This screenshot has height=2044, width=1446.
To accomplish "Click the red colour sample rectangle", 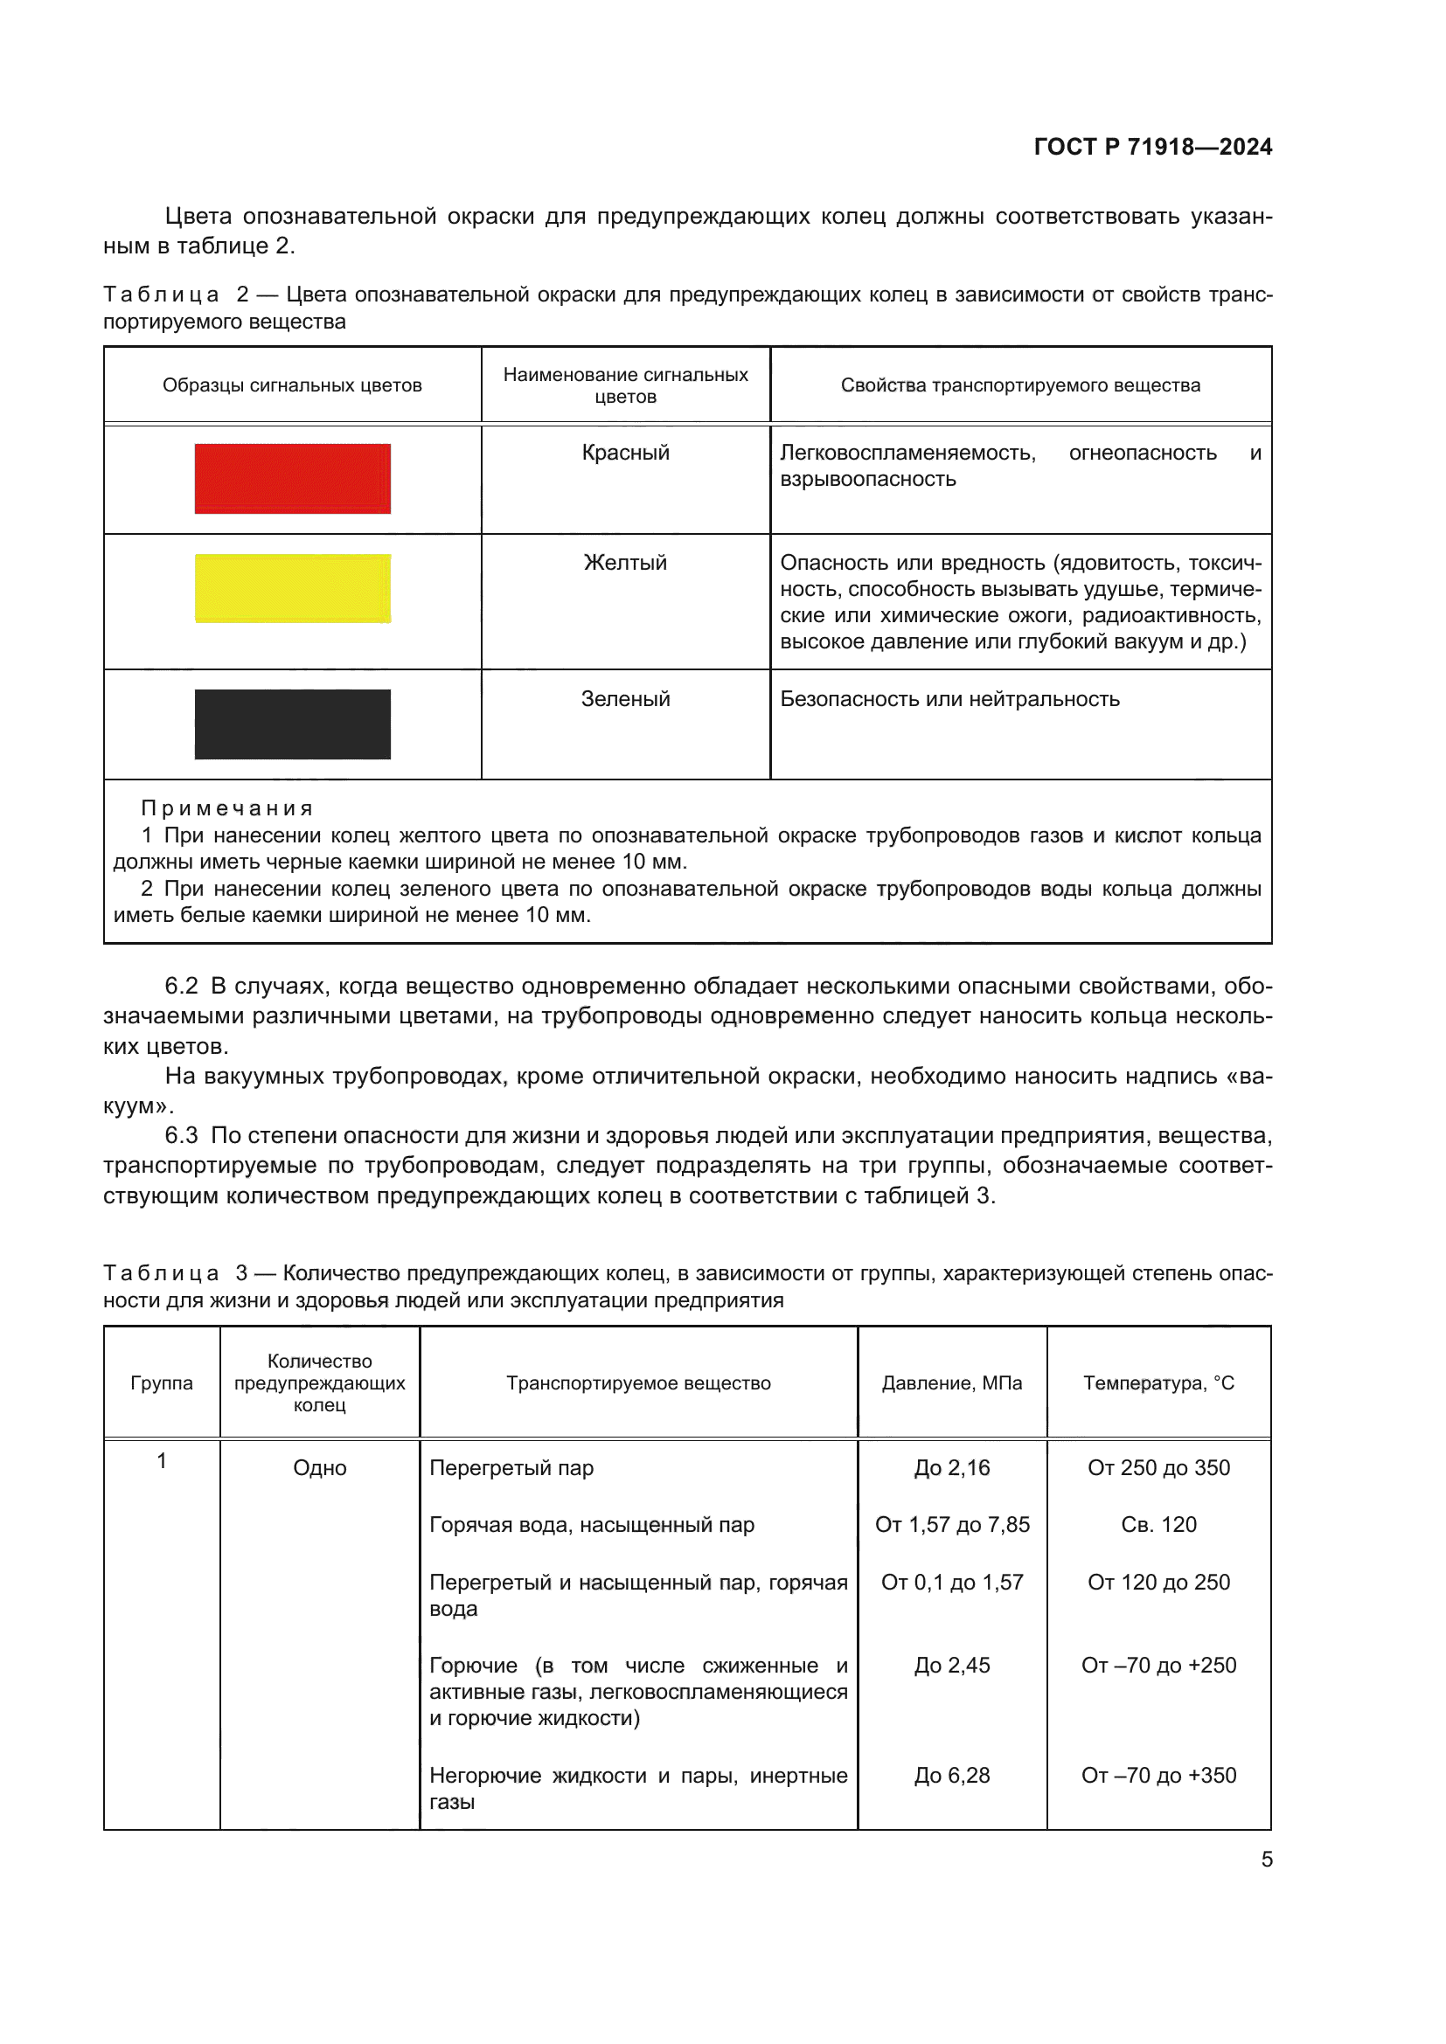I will [x=292, y=479].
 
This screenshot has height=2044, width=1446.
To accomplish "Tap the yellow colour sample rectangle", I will [x=292, y=588].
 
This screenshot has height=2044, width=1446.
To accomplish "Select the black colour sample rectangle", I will [x=292, y=724].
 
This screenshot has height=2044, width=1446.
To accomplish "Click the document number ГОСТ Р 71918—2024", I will [x=1152, y=147].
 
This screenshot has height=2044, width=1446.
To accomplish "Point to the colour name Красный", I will [x=625, y=453].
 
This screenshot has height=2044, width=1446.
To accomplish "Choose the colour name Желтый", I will [x=625, y=563].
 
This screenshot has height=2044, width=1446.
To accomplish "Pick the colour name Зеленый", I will [x=625, y=699].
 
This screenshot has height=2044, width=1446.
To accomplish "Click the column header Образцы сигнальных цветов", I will [x=292, y=385].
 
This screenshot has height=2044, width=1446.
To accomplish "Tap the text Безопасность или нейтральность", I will [x=949, y=699].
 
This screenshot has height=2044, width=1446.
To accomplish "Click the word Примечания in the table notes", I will [x=227, y=808].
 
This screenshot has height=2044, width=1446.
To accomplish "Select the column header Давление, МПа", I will [x=952, y=1382].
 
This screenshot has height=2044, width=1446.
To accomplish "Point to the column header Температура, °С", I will [x=1158, y=1382].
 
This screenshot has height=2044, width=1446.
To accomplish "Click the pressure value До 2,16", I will [x=952, y=1467].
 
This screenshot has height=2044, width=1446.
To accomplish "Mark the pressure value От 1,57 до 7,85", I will [x=952, y=1524].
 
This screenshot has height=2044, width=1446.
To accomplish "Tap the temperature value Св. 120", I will [x=1158, y=1524].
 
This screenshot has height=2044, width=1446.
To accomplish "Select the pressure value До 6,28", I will [x=952, y=1775].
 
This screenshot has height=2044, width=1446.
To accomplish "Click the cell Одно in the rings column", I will [x=320, y=1468].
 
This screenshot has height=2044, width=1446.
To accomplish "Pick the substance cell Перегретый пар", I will [x=511, y=1468].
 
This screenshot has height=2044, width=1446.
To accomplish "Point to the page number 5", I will [x=1266, y=1859].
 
